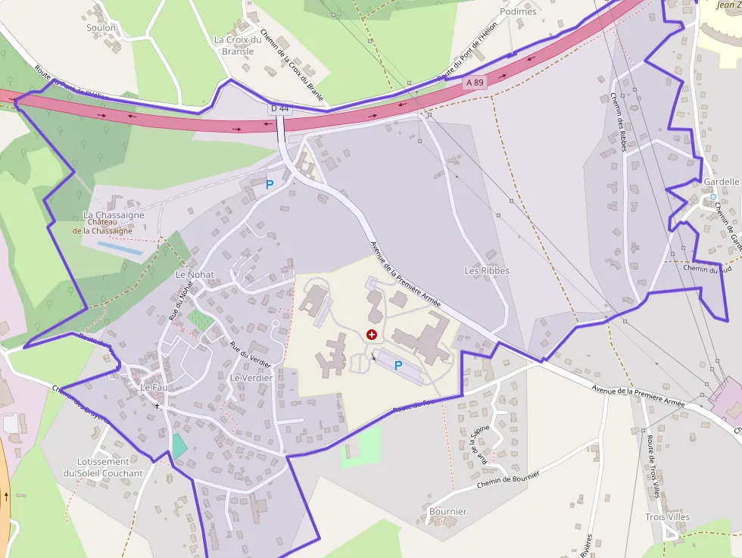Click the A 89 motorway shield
(475, 82)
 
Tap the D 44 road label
(279, 109)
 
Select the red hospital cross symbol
(372, 334)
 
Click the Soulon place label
(101, 28)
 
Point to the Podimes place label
(518, 11)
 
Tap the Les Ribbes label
(486, 270)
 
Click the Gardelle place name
(721, 182)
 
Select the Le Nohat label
(195, 274)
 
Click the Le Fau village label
(154, 387)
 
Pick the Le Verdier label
(251, 377)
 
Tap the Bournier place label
(447, 511)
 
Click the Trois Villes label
(667, 517)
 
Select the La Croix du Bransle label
(238, 45)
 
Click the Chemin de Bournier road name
(508, 479)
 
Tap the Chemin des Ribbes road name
(618, 121)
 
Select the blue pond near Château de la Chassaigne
(120, 248)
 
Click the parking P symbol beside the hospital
(397, 366)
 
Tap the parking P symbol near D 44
(269, 184)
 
